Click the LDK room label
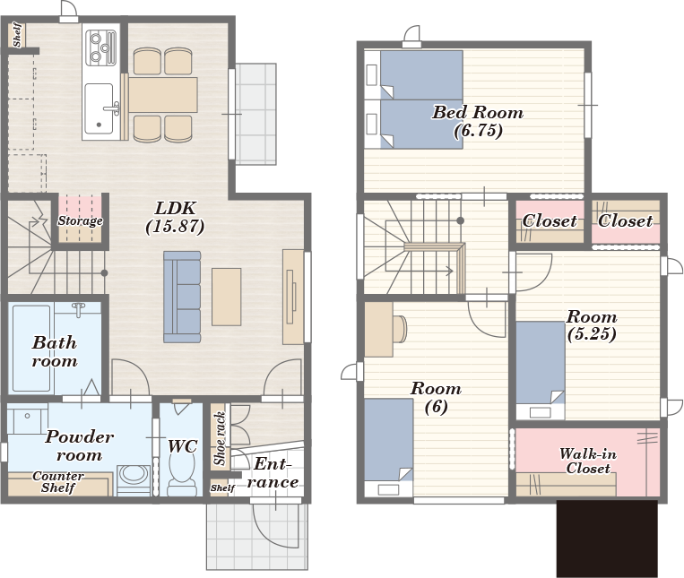tap(176, 218)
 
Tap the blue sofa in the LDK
tap(182, 297)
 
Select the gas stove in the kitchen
tap(100, 47)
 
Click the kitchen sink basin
tap(99, 109)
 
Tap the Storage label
tap(81, 220)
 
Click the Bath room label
tap(55, 351)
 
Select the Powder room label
tap(80, 445)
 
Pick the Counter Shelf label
tap(58, 482)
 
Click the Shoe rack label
tap(220, 438)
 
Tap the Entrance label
tap(273, 473)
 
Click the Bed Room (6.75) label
tap(478, 121)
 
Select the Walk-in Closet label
tap(588, 461)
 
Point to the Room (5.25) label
tap(592, 324)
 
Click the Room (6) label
tap(436, 397)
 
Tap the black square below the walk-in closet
tap(607, 539)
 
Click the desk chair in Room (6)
tap(400, 329)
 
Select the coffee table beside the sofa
tap(227, 297)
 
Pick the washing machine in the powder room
tap(134, 479)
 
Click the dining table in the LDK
tap(162, 95)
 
